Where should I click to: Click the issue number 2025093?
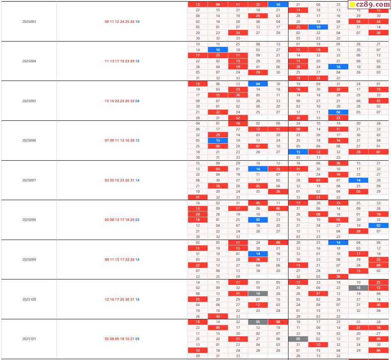pyautogui.click(x=29, y=22)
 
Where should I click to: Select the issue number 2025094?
pyautogui.click(x=29, y=61)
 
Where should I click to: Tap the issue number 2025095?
pyautogui.click(x=29, y=101)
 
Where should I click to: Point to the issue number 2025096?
pyautogui.click(x=29, y=140)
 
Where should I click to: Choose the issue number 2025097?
pyautogui.click(x=29, y=180)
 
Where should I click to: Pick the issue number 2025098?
pyautogui.click(x=29, y=220)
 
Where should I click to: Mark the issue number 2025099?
pyautogui.click(x=29, y=260)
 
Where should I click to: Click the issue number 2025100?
pyautogui.click(x=29, y=299)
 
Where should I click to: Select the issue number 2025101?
pyautogui.click(x=29, y=339)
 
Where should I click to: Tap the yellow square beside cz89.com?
pyautogui.click(x=352, y=5)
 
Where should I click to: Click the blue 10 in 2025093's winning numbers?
pyautogui.click(x=137, y=22)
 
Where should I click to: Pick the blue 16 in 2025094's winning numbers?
pyautogui.click(x=137, y=61)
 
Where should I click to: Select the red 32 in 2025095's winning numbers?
pyautogui.click(x=132, y=101)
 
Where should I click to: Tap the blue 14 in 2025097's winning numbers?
pyautogui.click(x=137, y=180)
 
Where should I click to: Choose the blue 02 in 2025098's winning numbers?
pyautogui.click(x=137, y=220)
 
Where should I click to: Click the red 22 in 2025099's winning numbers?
pyautogui.click(x=127, y=260)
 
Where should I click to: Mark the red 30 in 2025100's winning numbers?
pyautogui.click(x=127, y=299)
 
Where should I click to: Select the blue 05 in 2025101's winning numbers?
pyautogui.click(x=137, y=339)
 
